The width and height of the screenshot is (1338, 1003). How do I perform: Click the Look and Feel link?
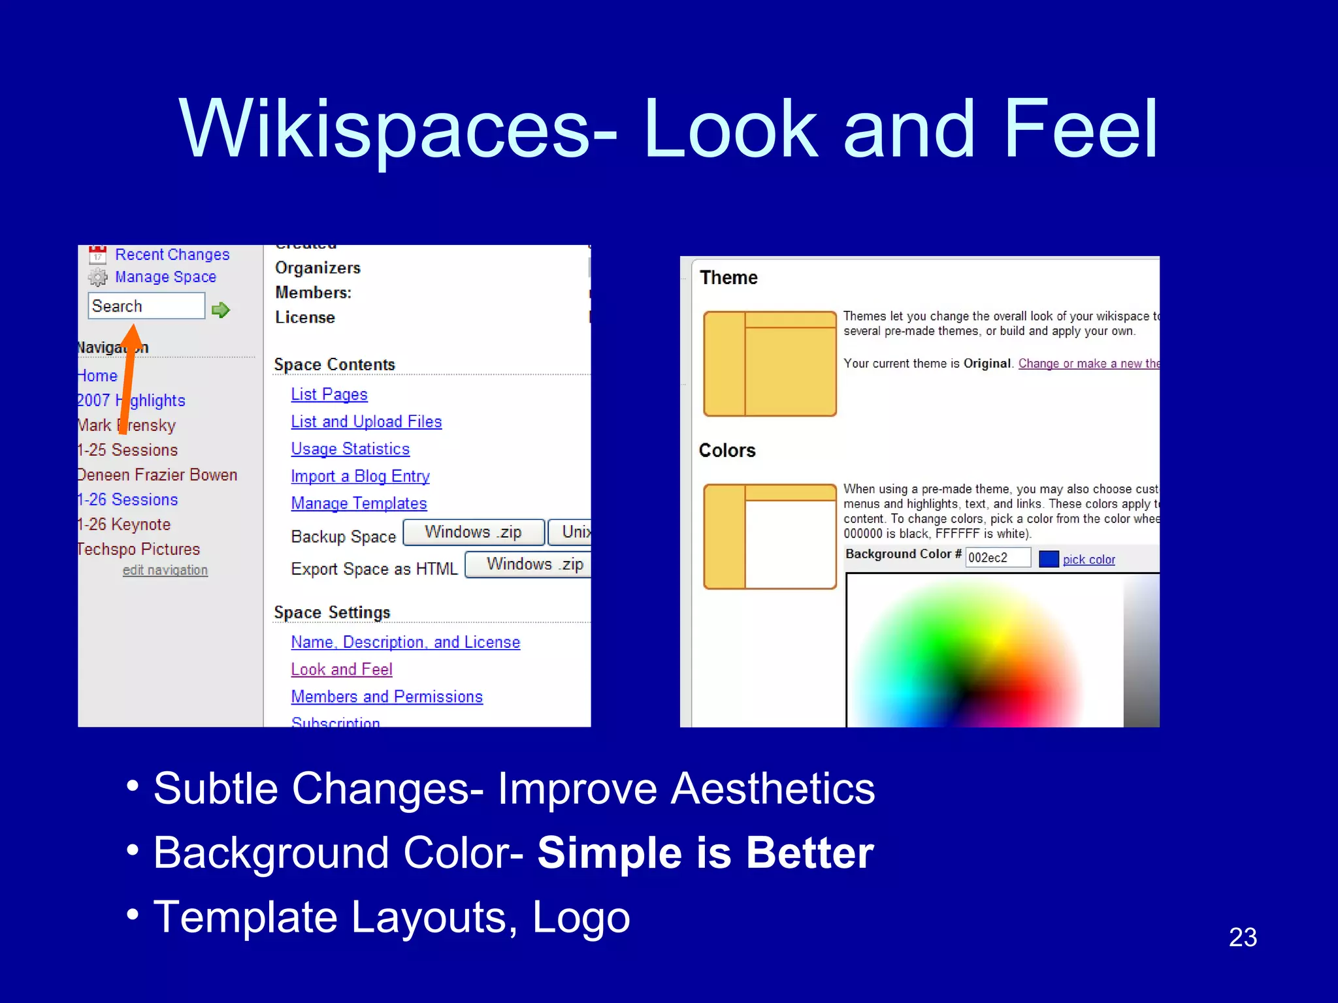341,669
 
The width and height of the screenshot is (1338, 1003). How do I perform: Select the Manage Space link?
165,277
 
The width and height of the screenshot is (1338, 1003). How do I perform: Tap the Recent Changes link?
172,254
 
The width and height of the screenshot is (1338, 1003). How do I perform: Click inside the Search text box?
146,306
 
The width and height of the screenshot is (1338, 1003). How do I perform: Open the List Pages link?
329,394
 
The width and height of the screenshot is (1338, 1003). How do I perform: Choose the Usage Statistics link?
350,449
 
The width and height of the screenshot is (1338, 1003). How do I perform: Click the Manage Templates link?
359,503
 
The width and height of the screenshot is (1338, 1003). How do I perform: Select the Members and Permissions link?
387,697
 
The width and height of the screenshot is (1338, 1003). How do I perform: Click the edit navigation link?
165,570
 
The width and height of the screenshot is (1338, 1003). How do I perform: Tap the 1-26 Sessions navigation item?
129,500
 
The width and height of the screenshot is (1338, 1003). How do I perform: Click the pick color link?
1088,560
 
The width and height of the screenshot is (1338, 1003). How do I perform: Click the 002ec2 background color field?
997,558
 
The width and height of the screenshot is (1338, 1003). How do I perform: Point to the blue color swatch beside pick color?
1048,559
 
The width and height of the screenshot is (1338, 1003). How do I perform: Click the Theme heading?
728,278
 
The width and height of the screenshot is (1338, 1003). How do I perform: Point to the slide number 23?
1243,937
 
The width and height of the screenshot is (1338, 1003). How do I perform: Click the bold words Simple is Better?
705,853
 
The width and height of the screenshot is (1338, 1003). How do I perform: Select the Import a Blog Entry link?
360,476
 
